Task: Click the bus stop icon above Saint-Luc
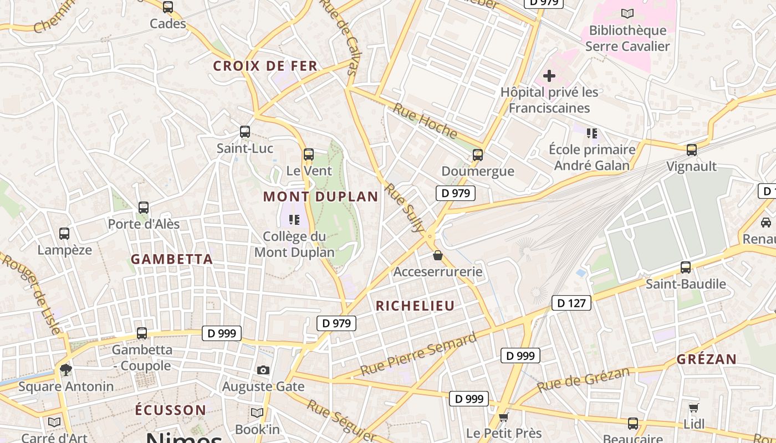244,132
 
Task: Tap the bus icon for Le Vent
309,154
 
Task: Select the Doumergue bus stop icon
478,155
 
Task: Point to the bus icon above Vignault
691,150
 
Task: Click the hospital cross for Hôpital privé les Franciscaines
549,76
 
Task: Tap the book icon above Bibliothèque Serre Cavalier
627,14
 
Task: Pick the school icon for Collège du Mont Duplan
294,220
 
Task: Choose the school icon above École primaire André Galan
592,133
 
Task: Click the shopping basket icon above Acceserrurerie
438,255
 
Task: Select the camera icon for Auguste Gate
263,370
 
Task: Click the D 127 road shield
571,303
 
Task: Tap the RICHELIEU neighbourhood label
415,306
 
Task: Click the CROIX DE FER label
266,66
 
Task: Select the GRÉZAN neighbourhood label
707,359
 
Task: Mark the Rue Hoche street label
425,121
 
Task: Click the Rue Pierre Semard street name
418,354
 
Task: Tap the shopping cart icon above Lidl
693,408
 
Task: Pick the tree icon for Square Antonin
67,369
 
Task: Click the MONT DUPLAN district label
320,197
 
